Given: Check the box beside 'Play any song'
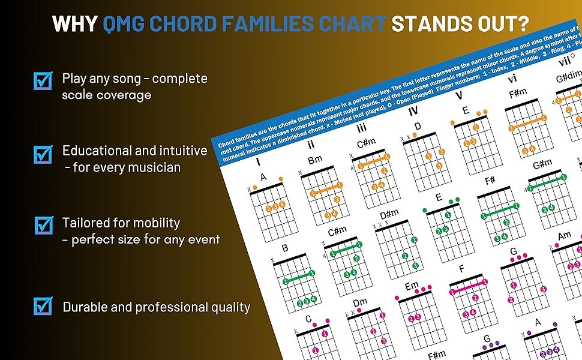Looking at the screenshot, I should [43, 80].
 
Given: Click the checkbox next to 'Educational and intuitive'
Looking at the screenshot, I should [43, 154].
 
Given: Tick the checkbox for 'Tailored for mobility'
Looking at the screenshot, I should [43, 225].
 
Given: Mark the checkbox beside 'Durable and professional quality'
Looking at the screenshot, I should [43, 305].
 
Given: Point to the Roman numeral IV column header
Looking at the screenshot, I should [413, 111].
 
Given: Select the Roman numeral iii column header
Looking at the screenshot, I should [362, 128].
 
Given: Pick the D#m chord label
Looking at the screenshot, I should [389, 214].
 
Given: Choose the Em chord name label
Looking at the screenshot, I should [412, 287].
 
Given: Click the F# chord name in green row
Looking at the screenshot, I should [490, 181].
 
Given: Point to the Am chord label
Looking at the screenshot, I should [565, 236].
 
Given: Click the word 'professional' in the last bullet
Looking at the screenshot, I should [168, 307].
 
